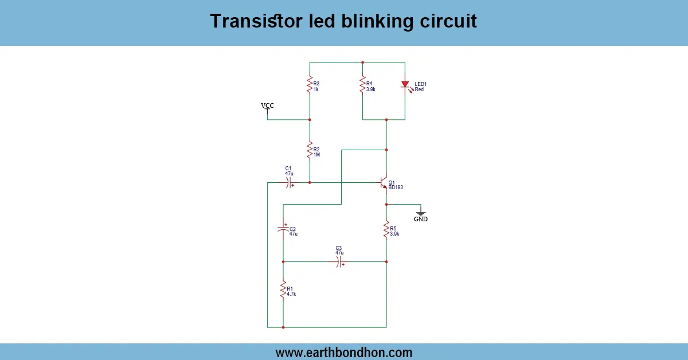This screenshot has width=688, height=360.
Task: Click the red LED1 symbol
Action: [x=405, y=85]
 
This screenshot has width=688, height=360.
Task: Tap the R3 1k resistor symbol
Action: [x=310, y=84]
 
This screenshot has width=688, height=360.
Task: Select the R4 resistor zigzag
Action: [x=362, y=85]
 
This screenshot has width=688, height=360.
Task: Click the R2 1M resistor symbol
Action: [x=310, y=151]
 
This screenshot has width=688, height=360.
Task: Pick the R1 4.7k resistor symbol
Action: [x=283, y=289]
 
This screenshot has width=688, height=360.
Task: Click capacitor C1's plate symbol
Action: [x=289, y=183]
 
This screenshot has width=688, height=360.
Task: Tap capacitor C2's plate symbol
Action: [x=283, y=229]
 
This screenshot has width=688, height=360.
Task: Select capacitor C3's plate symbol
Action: [x=339, y=261]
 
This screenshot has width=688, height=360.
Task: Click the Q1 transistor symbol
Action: [x=384, y=183]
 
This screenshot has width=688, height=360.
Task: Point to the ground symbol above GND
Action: [x=421, y=213]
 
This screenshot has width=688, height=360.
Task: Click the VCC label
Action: [x=267, y=105]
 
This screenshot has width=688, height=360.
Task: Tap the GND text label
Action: [x=421, y=220]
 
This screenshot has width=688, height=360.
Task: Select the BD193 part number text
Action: [x=396, y=187]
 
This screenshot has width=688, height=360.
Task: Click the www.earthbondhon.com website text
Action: [x=343, y=353]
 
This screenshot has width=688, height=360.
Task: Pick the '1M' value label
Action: [x=316, y=155]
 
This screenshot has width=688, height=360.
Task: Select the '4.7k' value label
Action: [x=291, y=294]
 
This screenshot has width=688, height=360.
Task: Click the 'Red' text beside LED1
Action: [x=419, y=89]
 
